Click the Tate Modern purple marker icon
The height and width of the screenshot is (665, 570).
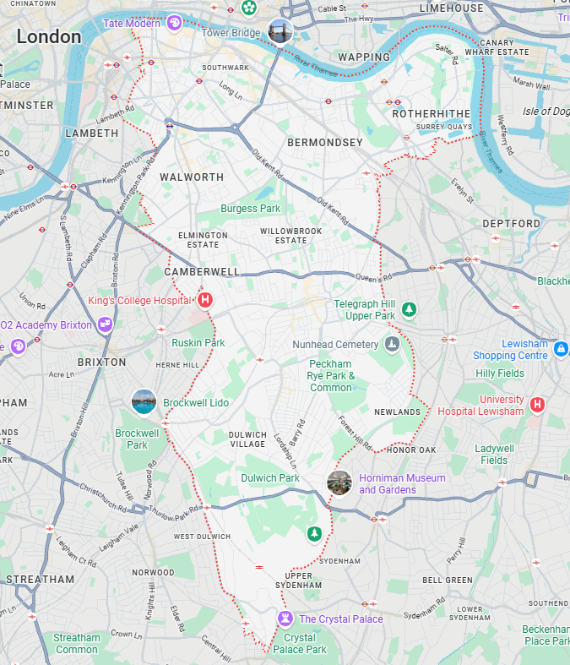174,23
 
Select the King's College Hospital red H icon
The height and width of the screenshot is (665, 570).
205,300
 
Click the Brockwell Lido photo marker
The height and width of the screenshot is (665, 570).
144,402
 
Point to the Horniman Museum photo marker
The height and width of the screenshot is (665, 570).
339,483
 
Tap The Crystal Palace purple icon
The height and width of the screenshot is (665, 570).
286,619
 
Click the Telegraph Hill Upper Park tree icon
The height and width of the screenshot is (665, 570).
409,309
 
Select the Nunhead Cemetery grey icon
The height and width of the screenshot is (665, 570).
391,345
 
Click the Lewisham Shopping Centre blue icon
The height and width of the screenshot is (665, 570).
560,348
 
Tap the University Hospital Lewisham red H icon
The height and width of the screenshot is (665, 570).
537,405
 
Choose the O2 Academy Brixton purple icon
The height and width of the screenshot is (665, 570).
106,324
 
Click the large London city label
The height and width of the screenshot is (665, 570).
49,37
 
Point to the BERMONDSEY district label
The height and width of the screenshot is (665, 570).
324,142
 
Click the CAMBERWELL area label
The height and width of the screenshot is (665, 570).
202,272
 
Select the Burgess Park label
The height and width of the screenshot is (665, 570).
250,209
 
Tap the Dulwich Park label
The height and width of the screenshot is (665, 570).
270,478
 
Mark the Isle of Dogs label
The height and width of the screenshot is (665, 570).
546,112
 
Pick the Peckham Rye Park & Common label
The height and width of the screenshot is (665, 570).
330,376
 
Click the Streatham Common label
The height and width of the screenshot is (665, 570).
77,644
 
